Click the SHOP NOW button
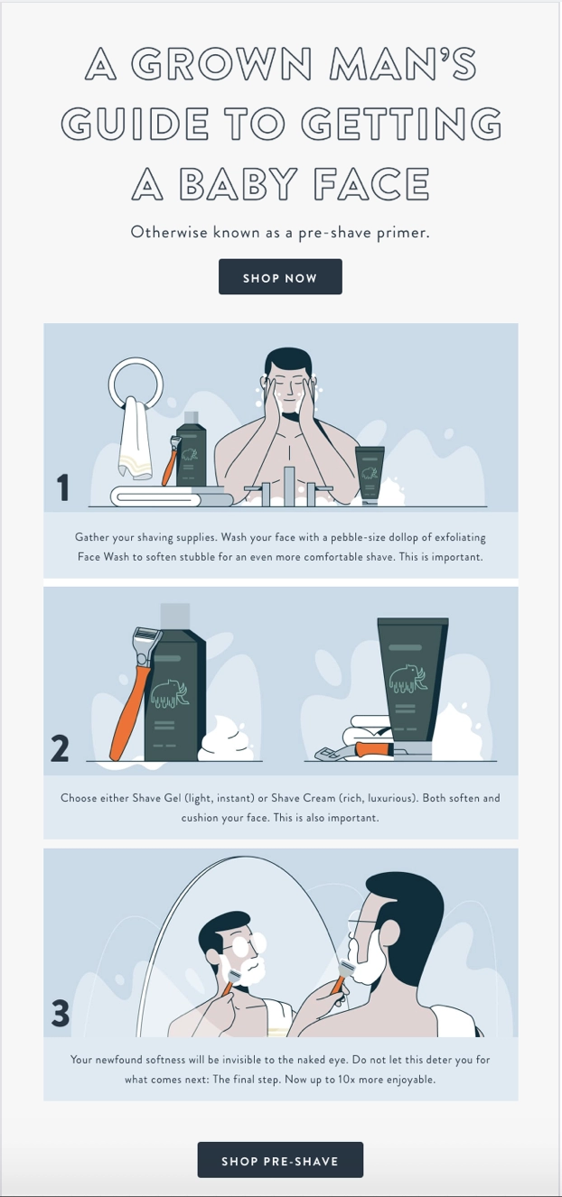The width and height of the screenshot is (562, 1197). pyautogui.click(x=280, y=277)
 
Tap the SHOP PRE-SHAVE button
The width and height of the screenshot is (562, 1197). pyautogui.click(x=280, y=1160)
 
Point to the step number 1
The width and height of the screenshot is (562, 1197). pyautogui.click(x=62, y=488)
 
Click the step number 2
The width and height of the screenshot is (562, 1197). pyautogui.click(x=60, y=748)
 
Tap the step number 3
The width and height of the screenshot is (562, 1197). pyautogui.click(x=61, y=1013)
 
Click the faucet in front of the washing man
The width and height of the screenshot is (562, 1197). pyautogui.click(x=289, y=483)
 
